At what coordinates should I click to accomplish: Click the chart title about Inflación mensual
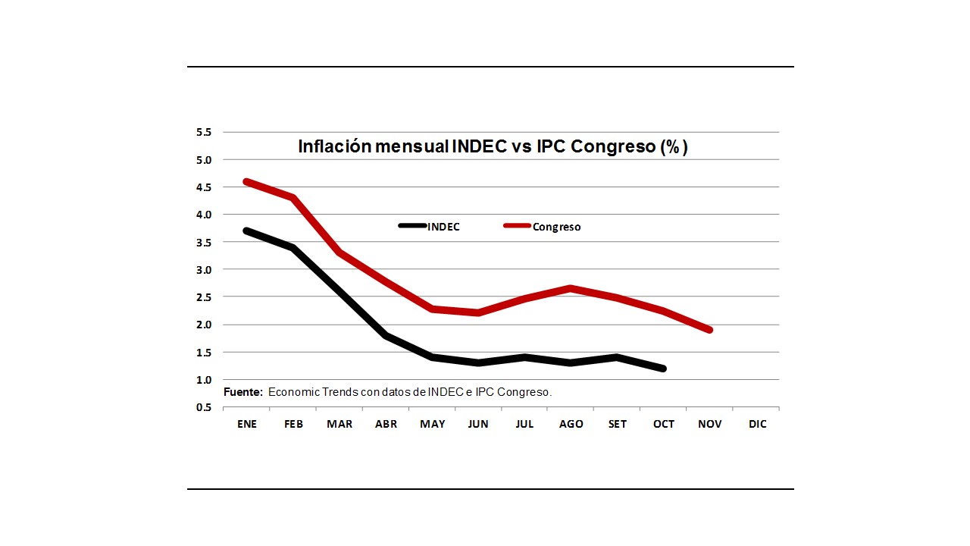(493, 146)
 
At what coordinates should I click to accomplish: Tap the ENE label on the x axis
(247, 424)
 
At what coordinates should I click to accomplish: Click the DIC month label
(757, 424)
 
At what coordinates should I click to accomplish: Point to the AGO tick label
(571, 424)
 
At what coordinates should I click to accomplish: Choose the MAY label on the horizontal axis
(432, 424)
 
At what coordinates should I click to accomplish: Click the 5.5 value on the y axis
(203, 132)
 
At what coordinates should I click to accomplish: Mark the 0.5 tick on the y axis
(203, 407)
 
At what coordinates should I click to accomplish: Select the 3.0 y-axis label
(203, 269)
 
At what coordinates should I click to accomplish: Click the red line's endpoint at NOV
(709, 330)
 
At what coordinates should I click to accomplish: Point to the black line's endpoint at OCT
(663, 369)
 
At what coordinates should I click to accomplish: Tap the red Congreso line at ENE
(247, 181)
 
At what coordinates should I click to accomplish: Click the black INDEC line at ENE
(247, 231)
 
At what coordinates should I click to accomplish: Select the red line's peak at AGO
(571, 288)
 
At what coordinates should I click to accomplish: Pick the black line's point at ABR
(386, 335)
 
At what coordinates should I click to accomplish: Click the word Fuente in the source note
(242, 392)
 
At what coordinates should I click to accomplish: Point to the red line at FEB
(293, 198)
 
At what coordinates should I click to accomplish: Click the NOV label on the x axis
(709, 424)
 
